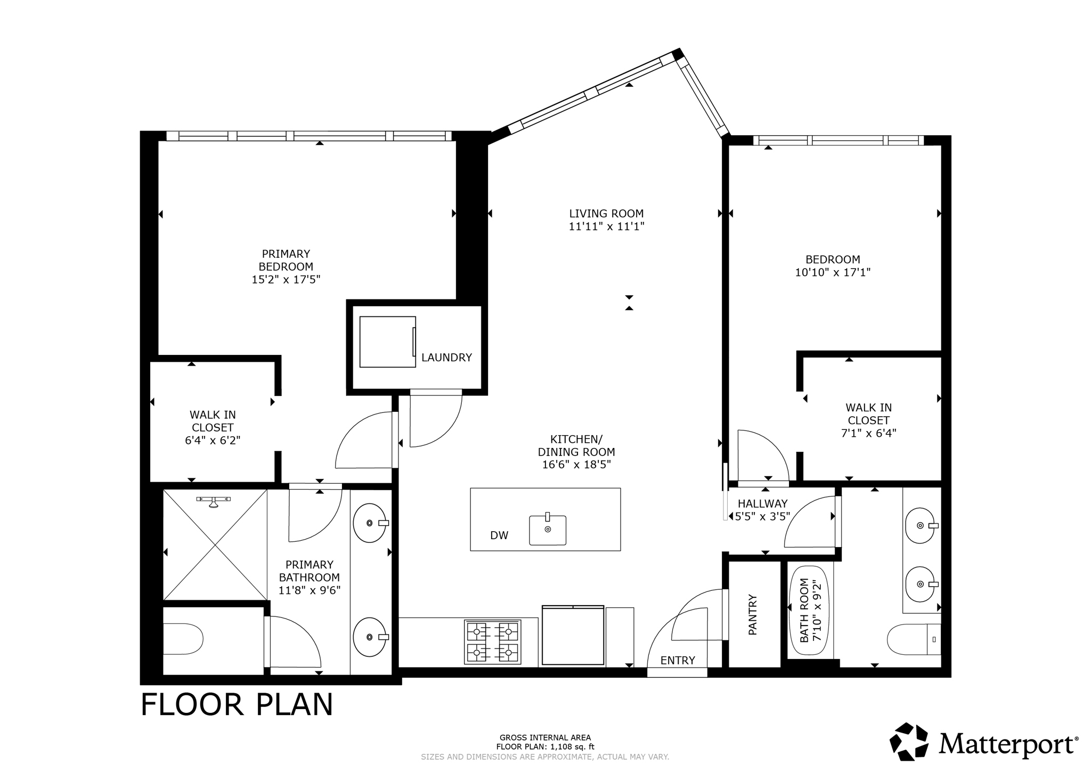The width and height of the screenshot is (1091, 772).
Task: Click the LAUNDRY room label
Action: point(446,357)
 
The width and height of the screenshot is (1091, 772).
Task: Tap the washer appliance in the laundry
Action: point(387,342)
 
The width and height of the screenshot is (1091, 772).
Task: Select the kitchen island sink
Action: point(547,530)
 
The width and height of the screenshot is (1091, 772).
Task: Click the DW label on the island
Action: point(499,535)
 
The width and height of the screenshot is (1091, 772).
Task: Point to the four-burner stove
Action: point(492,641)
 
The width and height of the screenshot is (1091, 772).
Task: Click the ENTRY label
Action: point(677,661)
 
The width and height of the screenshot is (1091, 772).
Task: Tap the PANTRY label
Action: point(753,614)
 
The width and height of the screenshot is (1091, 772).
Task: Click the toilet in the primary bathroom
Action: point(184,639)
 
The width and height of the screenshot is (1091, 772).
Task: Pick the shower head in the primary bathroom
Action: point(213,501)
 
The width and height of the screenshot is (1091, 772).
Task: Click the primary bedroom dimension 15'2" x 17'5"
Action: point(286,279)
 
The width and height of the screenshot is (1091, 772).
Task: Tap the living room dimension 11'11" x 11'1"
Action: point(606,226)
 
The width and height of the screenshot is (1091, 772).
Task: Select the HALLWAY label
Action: point(762,503)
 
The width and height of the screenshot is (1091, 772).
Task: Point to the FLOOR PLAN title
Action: point(237,704)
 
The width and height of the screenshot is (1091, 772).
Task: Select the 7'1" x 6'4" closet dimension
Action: point(868,433)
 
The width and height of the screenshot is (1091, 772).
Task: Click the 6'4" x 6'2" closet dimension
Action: point(213,441)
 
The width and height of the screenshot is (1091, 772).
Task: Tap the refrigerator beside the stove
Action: point(573,635)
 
